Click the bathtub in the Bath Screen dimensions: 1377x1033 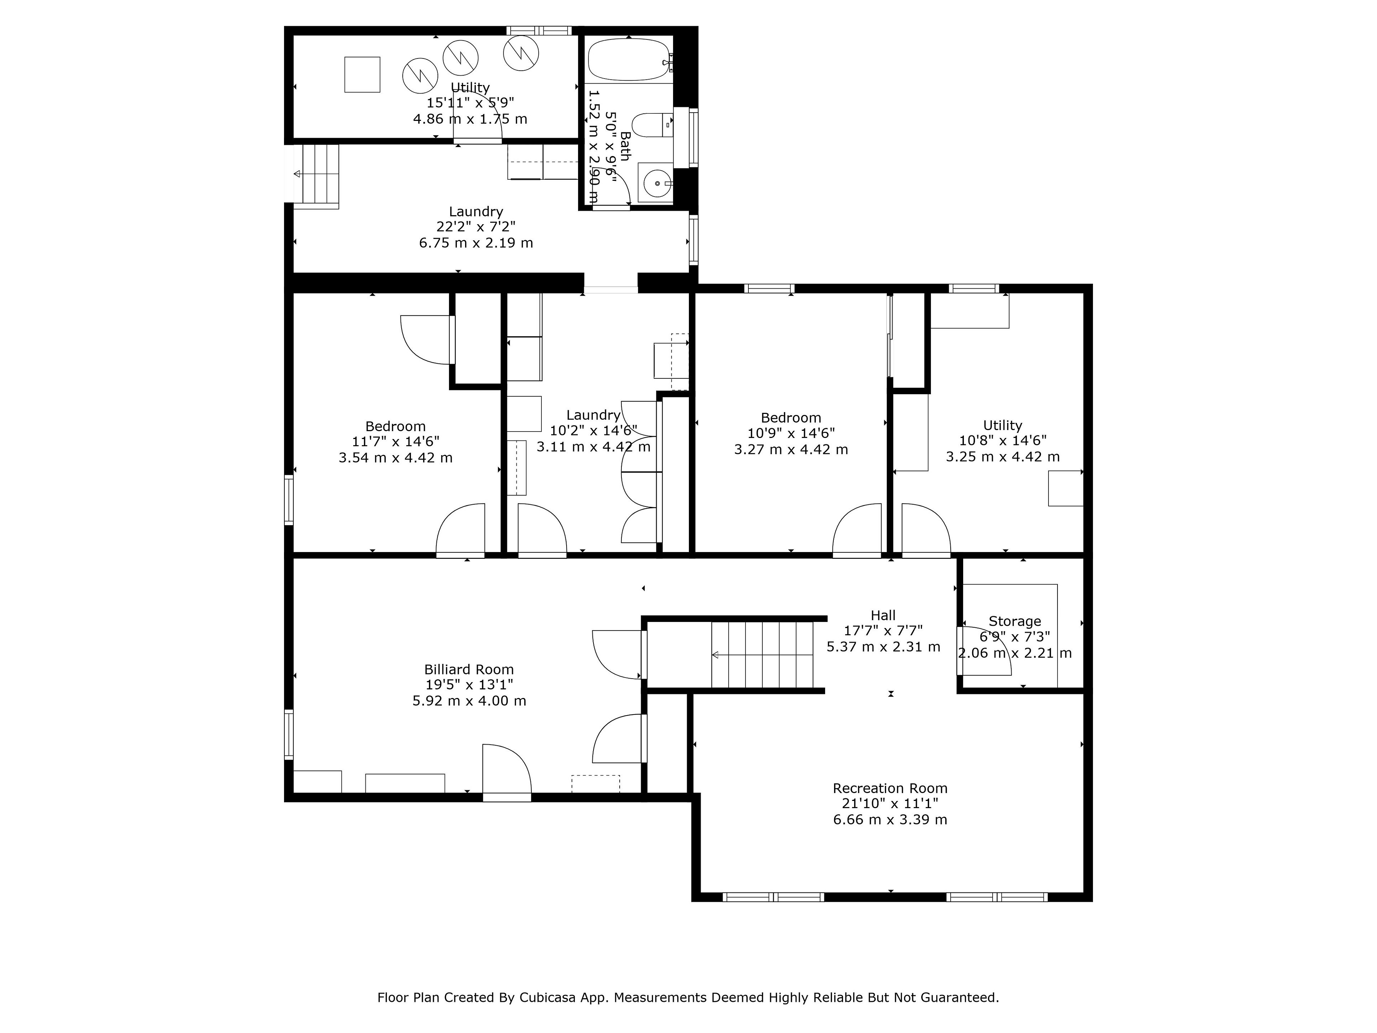pos(629,59)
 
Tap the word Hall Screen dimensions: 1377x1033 pos(883,615)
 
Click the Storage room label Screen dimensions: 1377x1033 pos(1015,621)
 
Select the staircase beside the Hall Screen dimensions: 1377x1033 pos(763,655)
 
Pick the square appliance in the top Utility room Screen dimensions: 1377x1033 pos(362,75)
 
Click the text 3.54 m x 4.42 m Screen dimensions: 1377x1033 pos(395,458)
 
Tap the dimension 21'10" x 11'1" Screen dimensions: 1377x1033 pos(890,804)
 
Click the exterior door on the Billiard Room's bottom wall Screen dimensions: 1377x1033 pos(507,772)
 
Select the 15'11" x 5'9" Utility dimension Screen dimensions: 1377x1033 pos(470,103)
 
